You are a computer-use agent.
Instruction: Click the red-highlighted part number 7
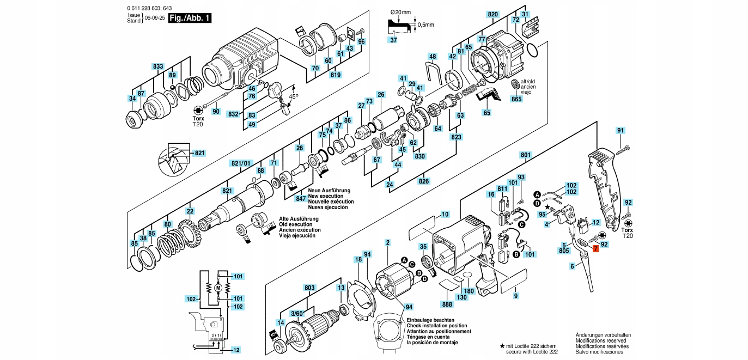(x=595, y=248)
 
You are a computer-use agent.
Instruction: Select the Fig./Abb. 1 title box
(x=190, y=19)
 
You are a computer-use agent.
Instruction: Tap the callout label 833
(x=158, y=66)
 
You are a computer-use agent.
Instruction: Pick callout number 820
(x=492, y=14)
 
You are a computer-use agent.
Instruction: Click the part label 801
(x=526, y=155)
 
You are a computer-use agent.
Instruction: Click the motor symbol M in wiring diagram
(x=218, y=287)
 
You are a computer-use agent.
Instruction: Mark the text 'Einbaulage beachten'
(x=430, y=320)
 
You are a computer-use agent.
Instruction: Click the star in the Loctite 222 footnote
(x=502, y=346)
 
